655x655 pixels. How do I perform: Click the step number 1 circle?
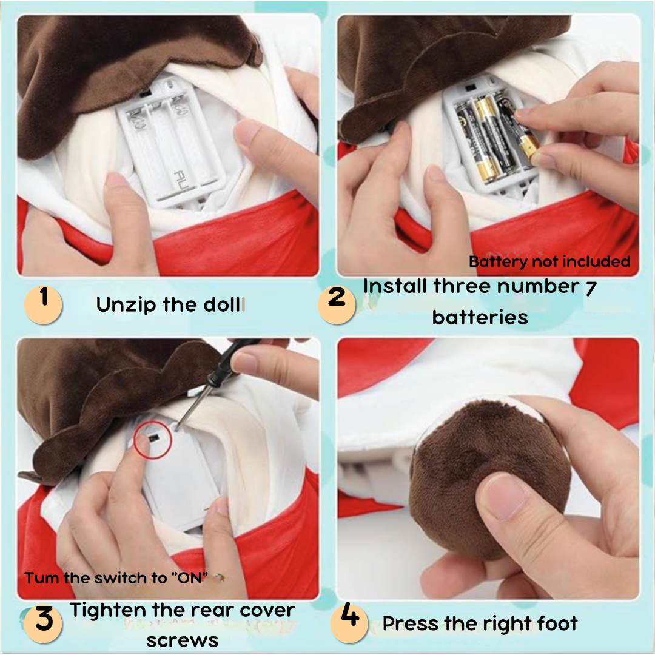click(43, 304)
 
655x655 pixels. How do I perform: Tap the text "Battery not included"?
click(549, 262)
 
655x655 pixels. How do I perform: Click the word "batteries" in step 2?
click(480, 317)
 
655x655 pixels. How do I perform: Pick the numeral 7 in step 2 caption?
click(590, 287)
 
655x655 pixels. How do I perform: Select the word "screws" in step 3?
click(182, 640)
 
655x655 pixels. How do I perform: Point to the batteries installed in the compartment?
click(491, 136)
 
